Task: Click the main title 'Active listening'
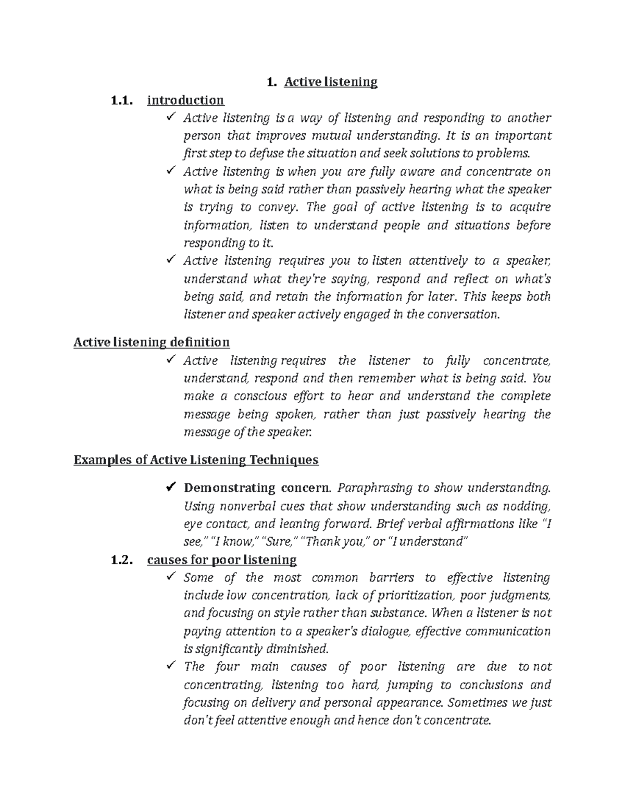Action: [330, 82]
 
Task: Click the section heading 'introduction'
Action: [185, 99]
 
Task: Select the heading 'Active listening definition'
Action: [152, 342]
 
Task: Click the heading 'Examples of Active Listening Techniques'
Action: [196, 460]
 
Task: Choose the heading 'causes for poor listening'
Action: [222, 560]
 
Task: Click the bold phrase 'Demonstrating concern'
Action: [256, 488]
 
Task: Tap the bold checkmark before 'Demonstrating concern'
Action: [170, 488]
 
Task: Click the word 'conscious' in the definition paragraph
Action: [258, 396]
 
